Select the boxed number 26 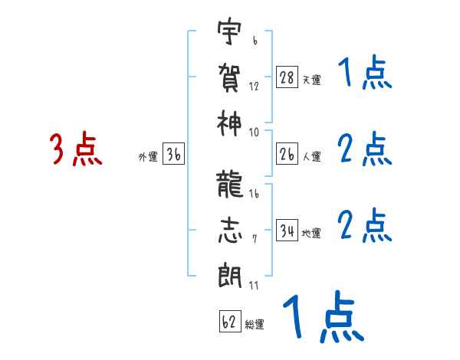pos(287,154)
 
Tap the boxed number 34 pos(287,230)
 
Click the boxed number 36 pos(173,155)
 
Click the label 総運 pos(255,325)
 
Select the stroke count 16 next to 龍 pos(254,195)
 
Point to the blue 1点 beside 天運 pos(364,74)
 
